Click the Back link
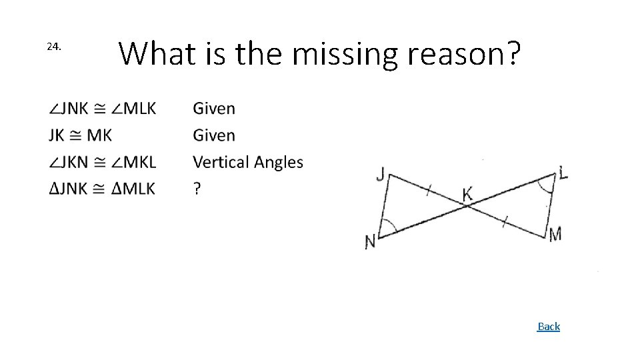549,326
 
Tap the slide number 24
54,47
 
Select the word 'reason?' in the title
463,54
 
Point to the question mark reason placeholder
196,189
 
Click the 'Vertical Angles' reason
247,162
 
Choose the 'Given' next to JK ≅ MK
213,135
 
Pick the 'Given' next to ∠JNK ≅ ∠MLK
213,109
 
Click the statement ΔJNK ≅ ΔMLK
102,189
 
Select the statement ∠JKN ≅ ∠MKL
102,162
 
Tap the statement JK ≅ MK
80,135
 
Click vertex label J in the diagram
381,174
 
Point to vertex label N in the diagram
370,241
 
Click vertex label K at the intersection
467,194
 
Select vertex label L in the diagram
563,173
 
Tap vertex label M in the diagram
555,233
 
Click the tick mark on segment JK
428,189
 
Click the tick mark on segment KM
505,221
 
